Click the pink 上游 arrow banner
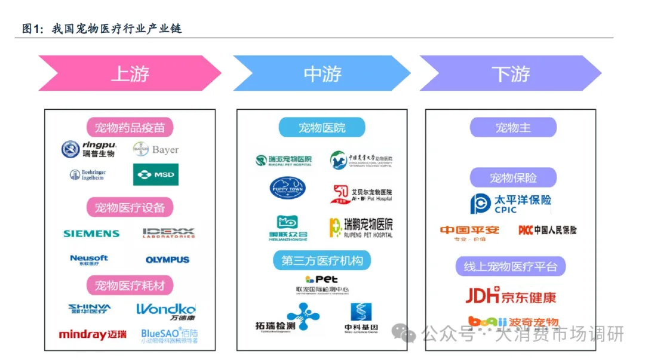pos(130,73)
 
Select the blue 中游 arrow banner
pos(322,73)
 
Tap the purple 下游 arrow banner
pos(511,73)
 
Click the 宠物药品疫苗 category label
pos(130,127)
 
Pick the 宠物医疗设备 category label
pos(130,207)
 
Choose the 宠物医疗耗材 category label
pos(130,285)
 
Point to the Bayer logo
pos(156,149)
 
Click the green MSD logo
pos(155,175)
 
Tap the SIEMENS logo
pos(91,233)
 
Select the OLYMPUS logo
pos(167,260)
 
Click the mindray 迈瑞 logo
pos(93,334)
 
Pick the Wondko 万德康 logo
pos(166,312)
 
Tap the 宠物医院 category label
pos(322,127)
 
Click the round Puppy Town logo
pos(287,188)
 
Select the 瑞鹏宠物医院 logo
pos(361,227)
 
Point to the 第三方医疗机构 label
pos(322,260)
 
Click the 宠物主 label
pos(513,127)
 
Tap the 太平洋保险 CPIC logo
pos(511,203)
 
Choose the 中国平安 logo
pos(469,231)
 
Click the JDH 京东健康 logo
pos(511,296)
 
